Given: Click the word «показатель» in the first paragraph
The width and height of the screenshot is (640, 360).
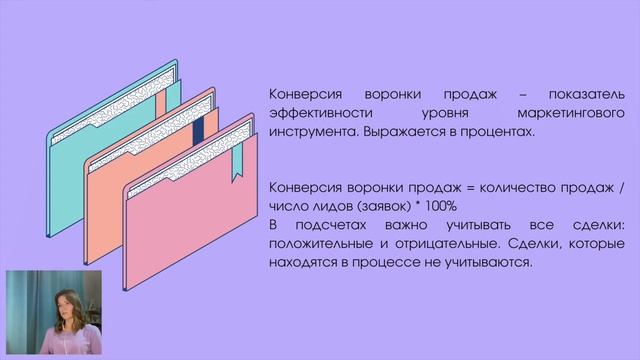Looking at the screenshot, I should tap(587, 93).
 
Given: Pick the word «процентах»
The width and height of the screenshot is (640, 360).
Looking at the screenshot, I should tap(501, 131).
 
